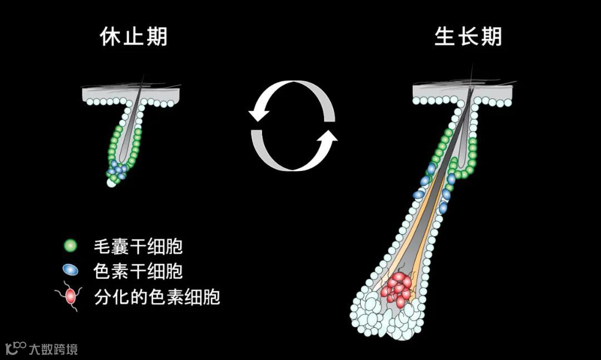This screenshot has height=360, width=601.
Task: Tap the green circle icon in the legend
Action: pyautogui.click(x=71, y=245)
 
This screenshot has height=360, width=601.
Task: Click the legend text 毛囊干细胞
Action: pyautogui.click(x=139, y=245)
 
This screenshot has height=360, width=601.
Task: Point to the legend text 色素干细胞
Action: pyautogui.click(x=139, y=271)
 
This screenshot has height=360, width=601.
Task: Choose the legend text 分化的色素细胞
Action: pyautogui.click(x=157, y=297)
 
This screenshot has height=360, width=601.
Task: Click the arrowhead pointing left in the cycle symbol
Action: pyautogui.click(x=257, y=114)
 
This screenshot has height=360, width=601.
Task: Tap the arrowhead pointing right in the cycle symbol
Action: pyautogui.click(x=329, y=139)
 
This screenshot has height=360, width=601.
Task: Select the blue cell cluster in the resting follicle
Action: pyautogui.click(x=118, y=169)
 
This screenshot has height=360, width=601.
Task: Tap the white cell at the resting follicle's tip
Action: pyautogui.click(x=111, y=183)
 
